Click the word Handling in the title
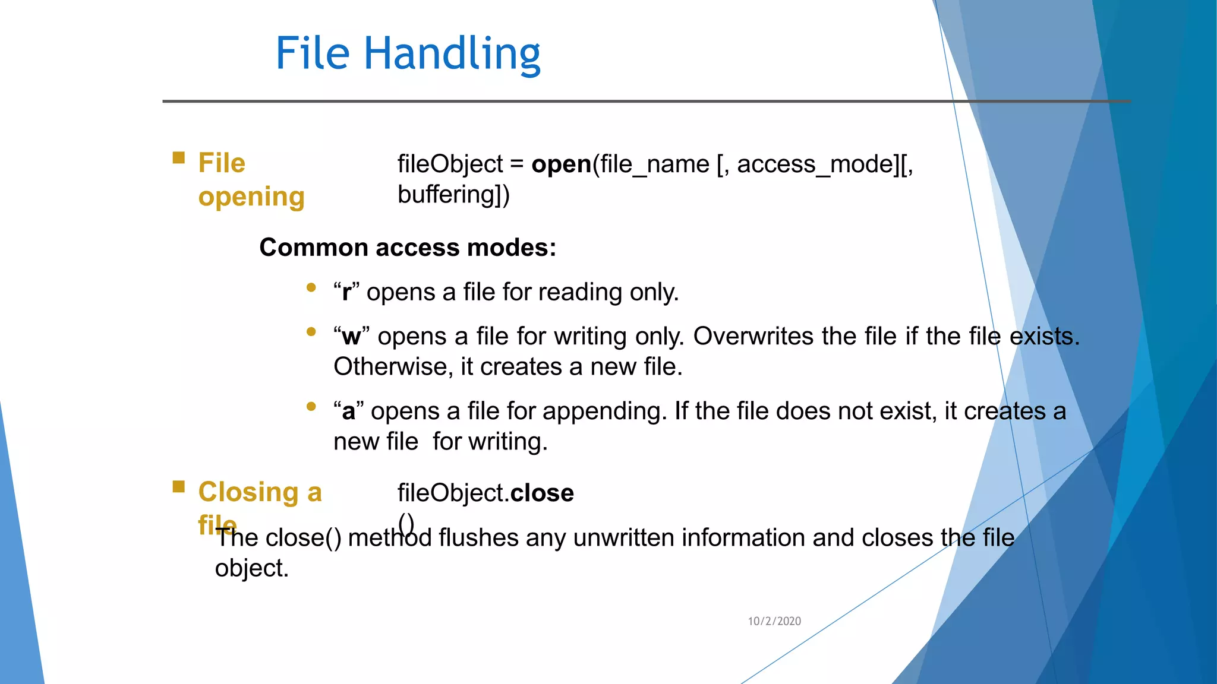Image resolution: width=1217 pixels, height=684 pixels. pos(452,54)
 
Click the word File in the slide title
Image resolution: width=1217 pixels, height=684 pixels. pos(313,54)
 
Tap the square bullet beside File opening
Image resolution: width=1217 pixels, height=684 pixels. pos(178,157)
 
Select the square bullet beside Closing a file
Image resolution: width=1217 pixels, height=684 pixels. pos(178,487)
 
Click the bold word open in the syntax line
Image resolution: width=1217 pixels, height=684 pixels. pos(561,164)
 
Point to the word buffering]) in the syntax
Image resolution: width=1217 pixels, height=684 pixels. pos(453,195)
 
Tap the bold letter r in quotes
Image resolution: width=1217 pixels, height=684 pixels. pos(346,293)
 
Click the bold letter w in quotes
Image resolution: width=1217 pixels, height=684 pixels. pos(351,337)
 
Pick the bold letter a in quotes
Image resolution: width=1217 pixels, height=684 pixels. pos(348,411)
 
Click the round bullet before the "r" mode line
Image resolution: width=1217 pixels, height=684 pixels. pos(311,288)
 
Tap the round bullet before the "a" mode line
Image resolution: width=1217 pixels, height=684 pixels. pos(311,407)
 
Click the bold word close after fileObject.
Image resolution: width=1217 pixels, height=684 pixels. pos(542,493)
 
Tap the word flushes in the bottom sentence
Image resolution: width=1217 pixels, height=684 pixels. pos(478,538)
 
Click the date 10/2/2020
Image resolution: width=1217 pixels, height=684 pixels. pos(774,621)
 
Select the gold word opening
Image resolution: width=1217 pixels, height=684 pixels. pos(251,197)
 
